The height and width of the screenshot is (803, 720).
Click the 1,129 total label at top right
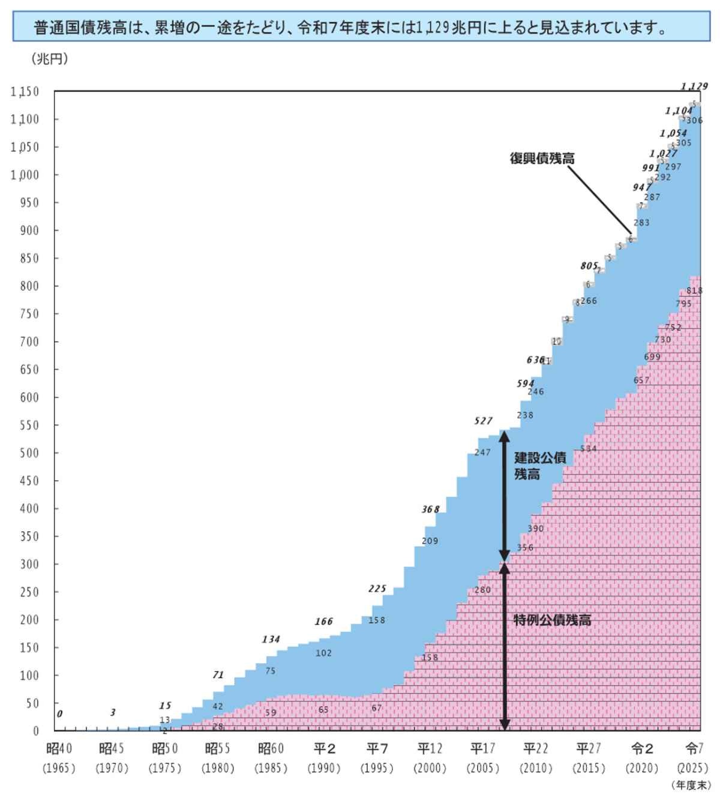pos(694,86)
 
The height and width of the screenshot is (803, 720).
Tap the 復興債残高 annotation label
pos(542,158)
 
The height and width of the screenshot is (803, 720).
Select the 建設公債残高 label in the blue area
pos(539,466)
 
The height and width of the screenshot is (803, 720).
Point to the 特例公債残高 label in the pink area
pos(552,620)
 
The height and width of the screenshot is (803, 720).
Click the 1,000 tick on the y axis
pos(25,175)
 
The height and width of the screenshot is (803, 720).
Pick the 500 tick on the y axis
pos(28,453)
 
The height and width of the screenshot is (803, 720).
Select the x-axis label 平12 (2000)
pos(430,757)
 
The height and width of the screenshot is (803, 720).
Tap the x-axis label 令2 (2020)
pos(641,757)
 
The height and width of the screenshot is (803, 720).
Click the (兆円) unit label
pos(49,59)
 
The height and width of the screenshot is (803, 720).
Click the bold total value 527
pos(483,421)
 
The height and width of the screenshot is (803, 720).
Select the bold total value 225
pos(377,589)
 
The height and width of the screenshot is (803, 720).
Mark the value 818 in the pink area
pos(694,290)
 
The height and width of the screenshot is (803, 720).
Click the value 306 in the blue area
pos(694,121)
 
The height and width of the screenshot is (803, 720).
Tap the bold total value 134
pos(271,639)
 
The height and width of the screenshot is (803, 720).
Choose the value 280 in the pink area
pos(482,589)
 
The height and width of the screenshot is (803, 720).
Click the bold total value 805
pos(589,266)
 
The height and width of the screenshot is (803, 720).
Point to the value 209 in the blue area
pos(430,541)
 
